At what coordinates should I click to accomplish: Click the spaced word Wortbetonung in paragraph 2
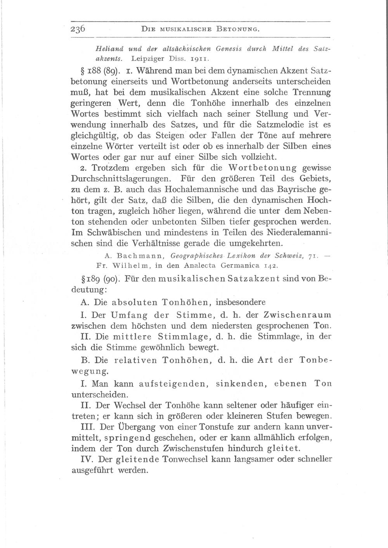[x=263, y=169]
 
